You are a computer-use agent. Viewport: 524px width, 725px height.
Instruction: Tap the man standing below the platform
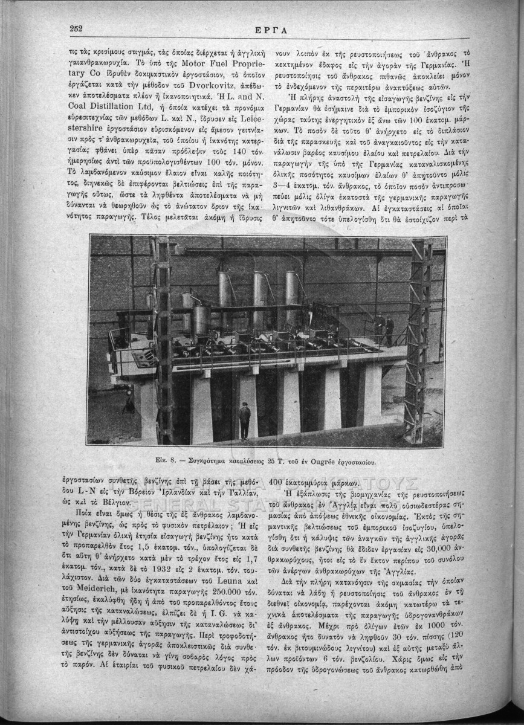pos(245,420)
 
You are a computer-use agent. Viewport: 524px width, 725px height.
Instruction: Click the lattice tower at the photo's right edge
pos(418,338)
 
